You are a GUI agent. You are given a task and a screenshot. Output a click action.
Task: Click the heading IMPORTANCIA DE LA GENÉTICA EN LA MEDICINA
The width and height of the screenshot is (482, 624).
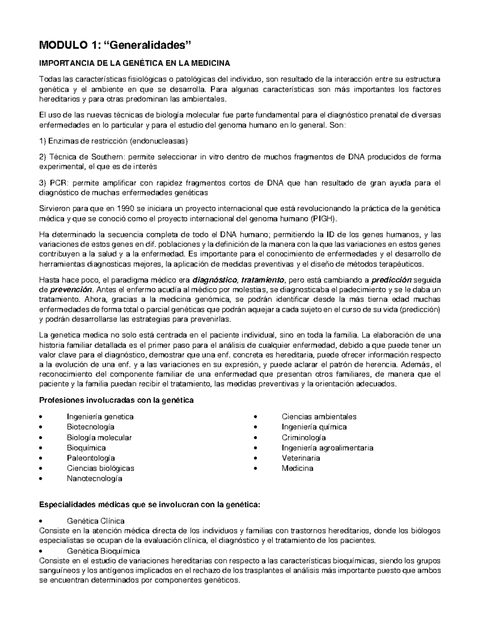tap(134, 63)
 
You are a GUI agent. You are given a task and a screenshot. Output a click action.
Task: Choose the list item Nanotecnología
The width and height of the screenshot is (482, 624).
tap(94, 479)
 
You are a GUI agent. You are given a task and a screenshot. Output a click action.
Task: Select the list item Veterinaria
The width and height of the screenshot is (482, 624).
tap(301, 458)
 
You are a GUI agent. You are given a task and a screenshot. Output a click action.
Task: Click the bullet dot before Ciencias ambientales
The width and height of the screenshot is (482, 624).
tap(256, 417)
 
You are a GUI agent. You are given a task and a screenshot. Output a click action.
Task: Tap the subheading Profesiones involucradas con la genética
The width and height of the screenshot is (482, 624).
tap(116, 400)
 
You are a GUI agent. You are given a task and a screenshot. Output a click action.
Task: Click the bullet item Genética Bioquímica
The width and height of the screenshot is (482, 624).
tap(103, 551)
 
